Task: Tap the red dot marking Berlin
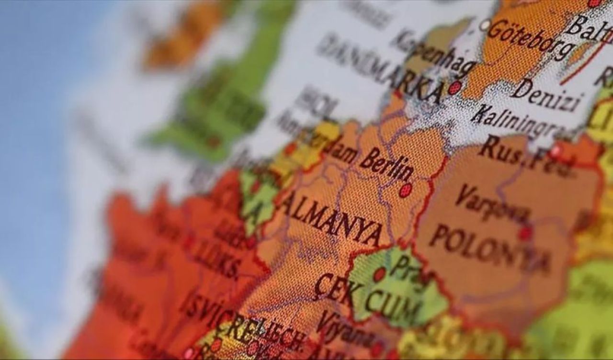[406, 190]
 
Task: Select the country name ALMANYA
[331, 218]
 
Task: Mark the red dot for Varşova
[525, 233]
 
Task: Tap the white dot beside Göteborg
[485, 24]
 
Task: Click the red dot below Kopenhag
[454, 88]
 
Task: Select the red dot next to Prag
[379, 274]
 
